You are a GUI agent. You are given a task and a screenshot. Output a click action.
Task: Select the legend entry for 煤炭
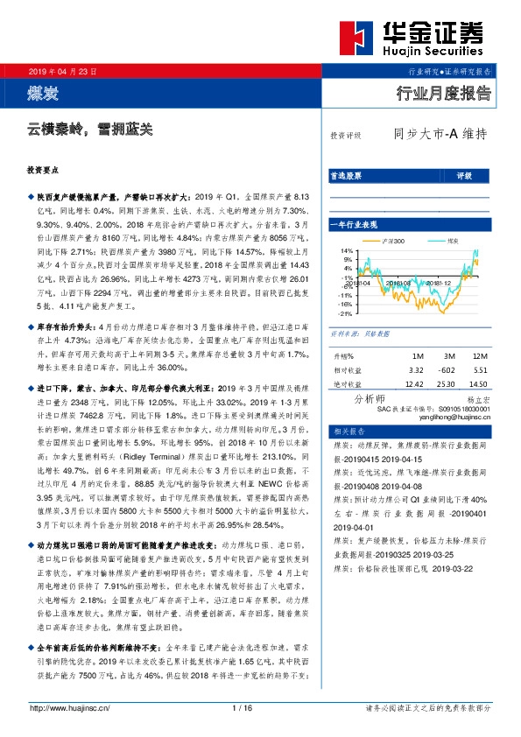(446, 239)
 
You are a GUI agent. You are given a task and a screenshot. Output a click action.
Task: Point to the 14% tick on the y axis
(347, 250)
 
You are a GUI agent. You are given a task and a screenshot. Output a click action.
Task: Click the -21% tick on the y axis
(346, 312)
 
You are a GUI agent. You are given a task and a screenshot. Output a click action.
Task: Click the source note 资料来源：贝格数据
(352, 334)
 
